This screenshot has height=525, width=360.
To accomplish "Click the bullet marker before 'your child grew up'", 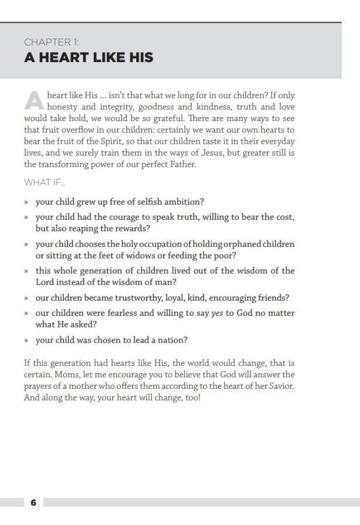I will [27, 203].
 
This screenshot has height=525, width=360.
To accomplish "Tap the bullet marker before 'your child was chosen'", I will [27, 340].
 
